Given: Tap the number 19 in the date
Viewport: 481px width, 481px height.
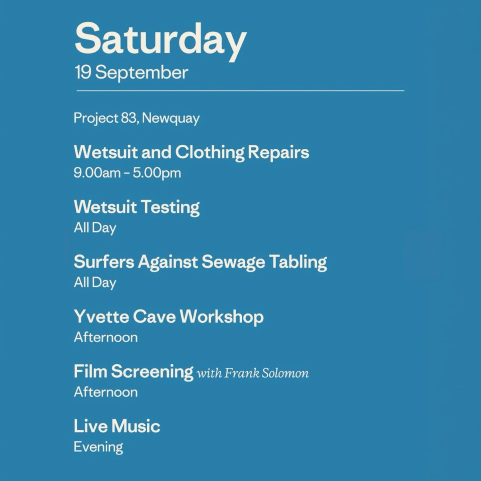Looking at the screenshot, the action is [x=83, y=73].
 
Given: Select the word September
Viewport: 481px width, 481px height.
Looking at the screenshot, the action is [x=141, y=73].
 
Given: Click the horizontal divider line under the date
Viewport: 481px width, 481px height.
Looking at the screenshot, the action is [x=240, y=91].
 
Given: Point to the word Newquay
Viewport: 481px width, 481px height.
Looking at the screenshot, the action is [x=171, y=119].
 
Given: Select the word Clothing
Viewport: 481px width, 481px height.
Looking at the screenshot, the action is [x=210, y=153].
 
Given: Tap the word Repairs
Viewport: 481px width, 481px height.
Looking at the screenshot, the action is [x=278, y=153].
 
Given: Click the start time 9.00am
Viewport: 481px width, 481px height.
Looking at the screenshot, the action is [x=97, y=173].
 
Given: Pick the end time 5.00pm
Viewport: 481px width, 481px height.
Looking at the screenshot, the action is [x=157, y=174].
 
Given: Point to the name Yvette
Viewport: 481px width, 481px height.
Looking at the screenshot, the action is [x=101, y=316].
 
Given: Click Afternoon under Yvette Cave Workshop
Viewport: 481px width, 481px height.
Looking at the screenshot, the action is [x=106, y=337].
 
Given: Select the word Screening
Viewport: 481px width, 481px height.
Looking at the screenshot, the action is [x=152, y=372].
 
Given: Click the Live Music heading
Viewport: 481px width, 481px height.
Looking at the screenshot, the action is [x=117, y=426].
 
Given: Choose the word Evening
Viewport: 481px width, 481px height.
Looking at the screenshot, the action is [x=98, y=447].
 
